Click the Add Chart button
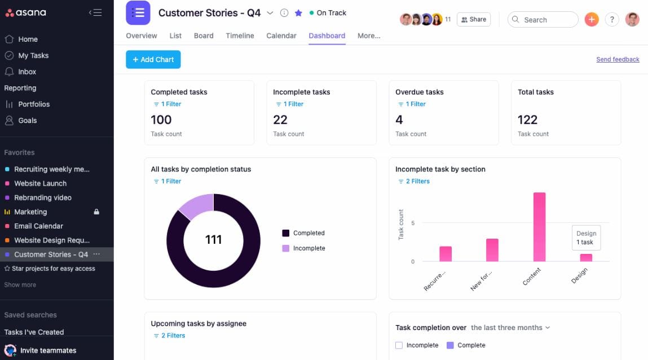point(153,59)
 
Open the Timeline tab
point(240,36)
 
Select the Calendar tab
point(281,36)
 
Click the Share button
point(474,19)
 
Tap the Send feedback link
point(618,59)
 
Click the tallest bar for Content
point(539,227)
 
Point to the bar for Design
point(586,257)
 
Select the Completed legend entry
point(303,233)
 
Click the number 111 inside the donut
point(213,240)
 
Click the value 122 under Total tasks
point(527,120)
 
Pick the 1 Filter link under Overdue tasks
point(412,104)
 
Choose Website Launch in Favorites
point(40,183)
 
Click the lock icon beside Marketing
point(96,212)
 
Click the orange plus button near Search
point(592,19)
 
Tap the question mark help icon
point(612,19)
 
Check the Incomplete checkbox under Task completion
point(399,345)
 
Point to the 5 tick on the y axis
point(412,223)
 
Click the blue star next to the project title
point(298,13)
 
